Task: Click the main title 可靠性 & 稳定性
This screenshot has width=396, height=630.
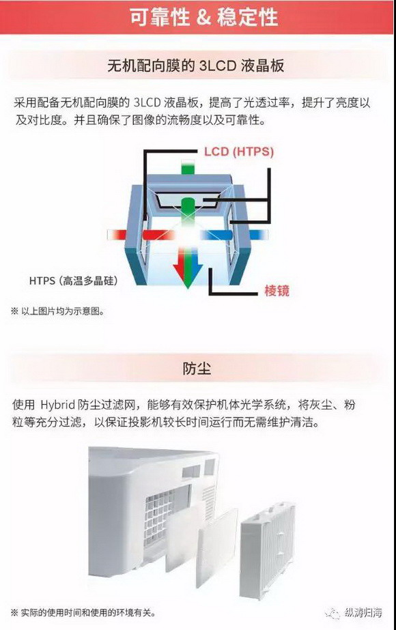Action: click(203, 18)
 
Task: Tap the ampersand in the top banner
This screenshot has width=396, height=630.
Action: click(203, 18)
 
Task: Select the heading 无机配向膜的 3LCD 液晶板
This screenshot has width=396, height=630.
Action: click(196, 66)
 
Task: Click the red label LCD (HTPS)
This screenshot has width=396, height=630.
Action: click(239, 152)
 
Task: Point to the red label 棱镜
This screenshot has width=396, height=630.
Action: click(277, 290)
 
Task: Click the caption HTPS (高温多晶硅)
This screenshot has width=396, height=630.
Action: click(74, 281)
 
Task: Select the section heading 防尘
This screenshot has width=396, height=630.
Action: click(197, 368)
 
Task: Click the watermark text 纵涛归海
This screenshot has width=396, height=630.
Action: click(363, 613)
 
